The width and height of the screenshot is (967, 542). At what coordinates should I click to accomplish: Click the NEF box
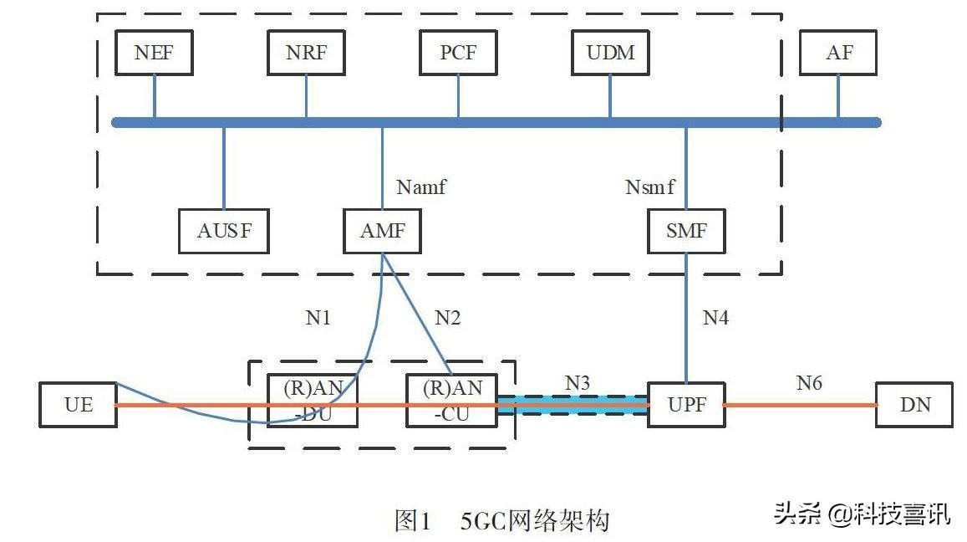click(x=154, y=53)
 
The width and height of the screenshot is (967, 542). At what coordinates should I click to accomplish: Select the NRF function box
click(x=306, y=53)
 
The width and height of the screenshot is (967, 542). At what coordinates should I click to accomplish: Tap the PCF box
click(x=458, y=53)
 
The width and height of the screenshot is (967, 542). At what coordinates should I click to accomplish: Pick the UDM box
click(x=610, y=53)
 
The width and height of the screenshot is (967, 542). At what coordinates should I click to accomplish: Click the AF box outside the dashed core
click(x=839, y=53)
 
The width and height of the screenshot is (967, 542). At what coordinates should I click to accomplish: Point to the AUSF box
click(x=224, y=231)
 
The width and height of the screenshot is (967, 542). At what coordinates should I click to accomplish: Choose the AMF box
click(x=383, y=231)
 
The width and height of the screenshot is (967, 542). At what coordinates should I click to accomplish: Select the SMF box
click(x=686, y=231)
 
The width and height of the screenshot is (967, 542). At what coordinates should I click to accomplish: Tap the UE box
click(x=79, y=405)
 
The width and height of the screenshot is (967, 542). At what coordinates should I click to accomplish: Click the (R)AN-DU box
click(x=312, y=401)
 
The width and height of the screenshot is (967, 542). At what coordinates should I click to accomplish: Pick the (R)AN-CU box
click(x=452, y=401)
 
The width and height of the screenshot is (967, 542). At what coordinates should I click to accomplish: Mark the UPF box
click(x=686, y=405)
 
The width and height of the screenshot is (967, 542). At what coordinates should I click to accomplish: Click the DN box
click(x=914, y=405)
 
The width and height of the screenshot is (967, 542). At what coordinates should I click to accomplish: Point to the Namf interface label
click(x=421, y=187)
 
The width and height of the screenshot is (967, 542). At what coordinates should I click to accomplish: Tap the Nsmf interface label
click(x=650, y=187)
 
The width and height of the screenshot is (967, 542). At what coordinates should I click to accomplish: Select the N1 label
click(x=318, y=318)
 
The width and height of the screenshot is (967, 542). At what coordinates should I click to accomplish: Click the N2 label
click(x=447, y=318)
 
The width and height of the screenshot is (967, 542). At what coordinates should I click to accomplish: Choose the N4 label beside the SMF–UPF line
click(x=715, y=318)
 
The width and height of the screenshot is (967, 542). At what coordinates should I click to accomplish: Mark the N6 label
click(x=808, y=383)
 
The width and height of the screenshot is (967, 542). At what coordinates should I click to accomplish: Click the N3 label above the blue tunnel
click(x=578, y=383)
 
